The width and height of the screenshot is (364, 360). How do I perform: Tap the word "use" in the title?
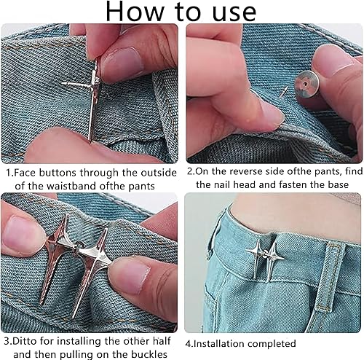pyautogui.click(x=234, y=12)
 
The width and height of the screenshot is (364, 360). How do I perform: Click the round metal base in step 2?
pyautogui.click(x=306, y=84)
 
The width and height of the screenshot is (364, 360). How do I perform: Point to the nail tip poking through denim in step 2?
pyautogui.click(x=283, y=92)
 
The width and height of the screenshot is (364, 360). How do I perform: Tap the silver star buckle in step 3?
pyautogui.click(x=93, y=262)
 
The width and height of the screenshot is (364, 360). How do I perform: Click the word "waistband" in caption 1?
pyautogui.click(x=71, y=187)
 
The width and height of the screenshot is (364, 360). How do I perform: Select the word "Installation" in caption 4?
pyautogui.click(x=218, y=344)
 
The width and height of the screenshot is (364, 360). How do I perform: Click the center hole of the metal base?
pyautogui.click(x=305, y=85)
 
